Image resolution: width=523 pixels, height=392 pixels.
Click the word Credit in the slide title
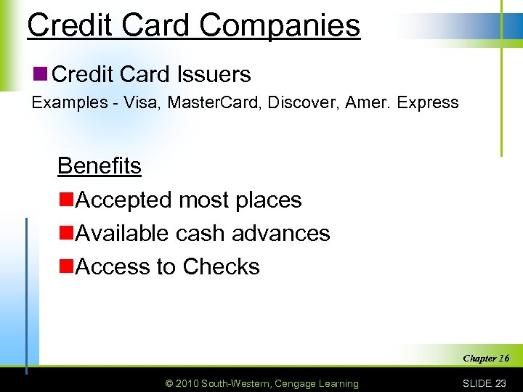pos(68,25)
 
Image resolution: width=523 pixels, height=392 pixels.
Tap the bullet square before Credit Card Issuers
pos(41,73)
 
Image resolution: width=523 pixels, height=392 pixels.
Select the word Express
pos(429,102)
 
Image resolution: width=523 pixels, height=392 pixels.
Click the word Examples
pos(70,102)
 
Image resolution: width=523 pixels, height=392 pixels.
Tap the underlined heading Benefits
pos(100,166)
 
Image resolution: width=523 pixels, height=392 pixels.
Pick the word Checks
pos(221,266)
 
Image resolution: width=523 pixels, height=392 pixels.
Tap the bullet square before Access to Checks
pos(65,266)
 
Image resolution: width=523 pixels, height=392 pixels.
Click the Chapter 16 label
pos(485,358)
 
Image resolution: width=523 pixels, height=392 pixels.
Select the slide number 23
pos(500,383)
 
